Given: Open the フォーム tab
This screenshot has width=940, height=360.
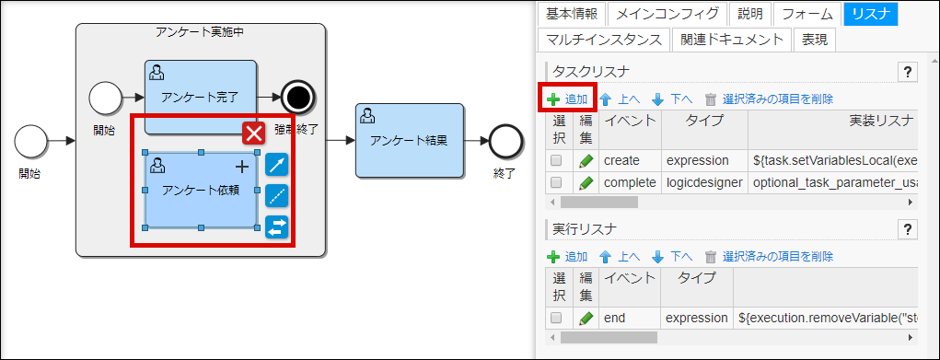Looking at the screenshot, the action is click(x=808, y=14).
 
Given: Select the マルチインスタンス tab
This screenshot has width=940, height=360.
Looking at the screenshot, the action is click(x=603, y=40).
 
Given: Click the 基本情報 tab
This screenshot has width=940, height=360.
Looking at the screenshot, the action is click(x=572, y=14).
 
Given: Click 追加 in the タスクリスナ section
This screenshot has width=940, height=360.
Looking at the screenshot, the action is click(x=568, y=99).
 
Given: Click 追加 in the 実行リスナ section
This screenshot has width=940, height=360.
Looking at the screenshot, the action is click(x=568, y=256).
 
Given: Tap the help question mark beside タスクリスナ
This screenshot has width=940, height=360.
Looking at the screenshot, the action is click(x=907, y=72).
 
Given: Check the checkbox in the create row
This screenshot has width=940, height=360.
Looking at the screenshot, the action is click(x=556, y=160).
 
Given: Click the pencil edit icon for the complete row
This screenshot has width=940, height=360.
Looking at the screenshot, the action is click(x=586, y=182).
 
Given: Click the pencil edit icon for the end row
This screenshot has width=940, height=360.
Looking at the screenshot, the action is click(x=586, y=318).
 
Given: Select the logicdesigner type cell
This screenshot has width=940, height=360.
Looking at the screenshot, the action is click(x=703, y=182).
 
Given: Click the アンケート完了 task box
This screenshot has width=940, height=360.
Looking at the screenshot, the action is click(x=200, y=96).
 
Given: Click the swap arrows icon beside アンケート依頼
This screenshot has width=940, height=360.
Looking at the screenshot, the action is click(x=276, y=226).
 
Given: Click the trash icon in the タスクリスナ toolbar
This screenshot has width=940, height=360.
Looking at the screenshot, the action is click(x=710, y=99).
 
